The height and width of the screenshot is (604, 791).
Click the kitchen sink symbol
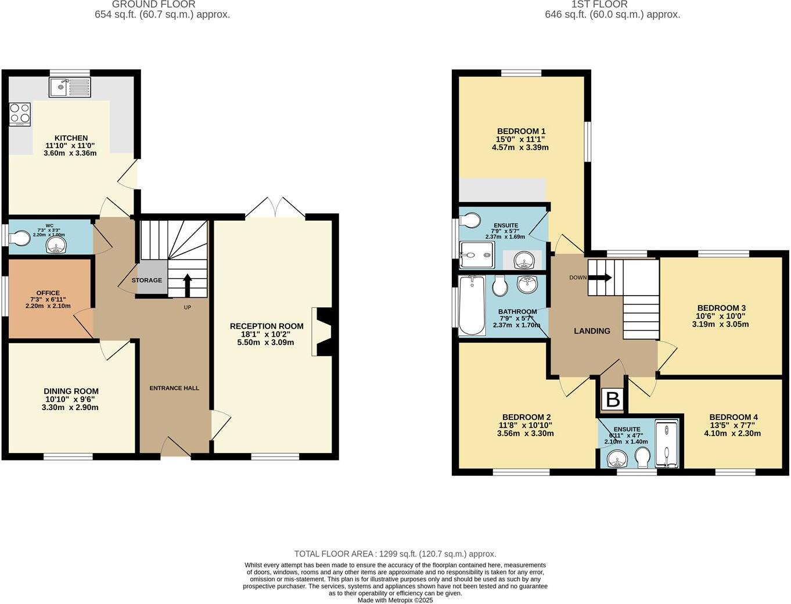(x=70, y=88)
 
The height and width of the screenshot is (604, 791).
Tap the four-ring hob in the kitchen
(x=20, y=114)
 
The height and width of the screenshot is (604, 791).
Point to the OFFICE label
(x=48, y=293)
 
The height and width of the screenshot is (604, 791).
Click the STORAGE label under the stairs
(x=146, y=281)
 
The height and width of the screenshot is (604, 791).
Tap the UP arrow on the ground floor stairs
(x=187, y=285)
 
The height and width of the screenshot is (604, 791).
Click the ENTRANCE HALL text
(x=174, y=388)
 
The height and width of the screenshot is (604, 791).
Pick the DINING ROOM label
(x=71, y=391)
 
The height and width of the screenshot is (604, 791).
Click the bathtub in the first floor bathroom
(x=472, y=305)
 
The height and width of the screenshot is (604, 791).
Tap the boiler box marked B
(x=613, y=400)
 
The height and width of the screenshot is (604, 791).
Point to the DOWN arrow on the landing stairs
(x=599, y=278)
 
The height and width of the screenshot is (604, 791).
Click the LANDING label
(x=592, y=331)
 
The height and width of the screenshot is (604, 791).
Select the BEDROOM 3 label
(x=721, y=308)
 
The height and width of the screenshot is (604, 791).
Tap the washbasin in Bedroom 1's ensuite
(x=525, y=260)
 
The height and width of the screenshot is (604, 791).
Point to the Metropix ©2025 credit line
(x=395, y=601)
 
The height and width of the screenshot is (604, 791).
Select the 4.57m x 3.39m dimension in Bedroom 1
(x=520, y=148)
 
